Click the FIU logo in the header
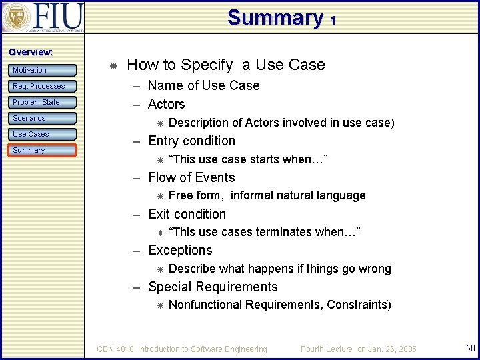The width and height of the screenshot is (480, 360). coord(43,17)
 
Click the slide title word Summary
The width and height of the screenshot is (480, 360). coord(275,17)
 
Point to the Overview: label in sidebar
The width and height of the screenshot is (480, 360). coord(31,52)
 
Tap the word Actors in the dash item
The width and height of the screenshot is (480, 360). coord(167,104)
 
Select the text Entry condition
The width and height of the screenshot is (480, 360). coord(191,141)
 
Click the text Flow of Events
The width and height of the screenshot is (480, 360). coord(191,177)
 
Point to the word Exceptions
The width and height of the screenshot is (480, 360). coord(180,250)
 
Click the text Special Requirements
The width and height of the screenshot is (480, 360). coord(213,287)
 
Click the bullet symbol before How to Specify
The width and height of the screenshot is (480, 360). coord(113,65)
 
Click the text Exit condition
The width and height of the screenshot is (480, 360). coord(187,214)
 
